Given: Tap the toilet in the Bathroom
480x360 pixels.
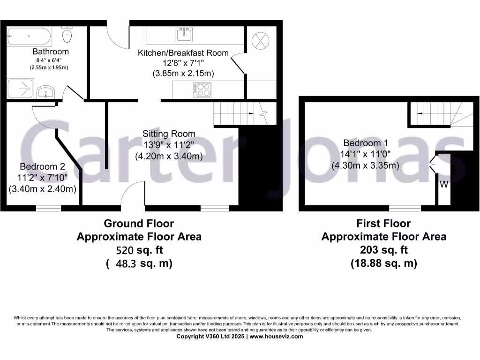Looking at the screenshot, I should coord(67,34).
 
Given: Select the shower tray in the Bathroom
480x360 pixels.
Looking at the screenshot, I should coord(20,89).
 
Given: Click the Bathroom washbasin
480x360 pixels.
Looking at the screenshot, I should coord(45,91).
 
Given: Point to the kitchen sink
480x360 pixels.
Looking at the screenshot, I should coord(185,34).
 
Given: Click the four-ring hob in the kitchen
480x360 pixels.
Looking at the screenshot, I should coord(203,89).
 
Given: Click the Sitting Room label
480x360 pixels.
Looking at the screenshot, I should coord(169,134).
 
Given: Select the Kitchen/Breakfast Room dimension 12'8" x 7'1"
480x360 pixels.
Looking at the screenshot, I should coord(183,63).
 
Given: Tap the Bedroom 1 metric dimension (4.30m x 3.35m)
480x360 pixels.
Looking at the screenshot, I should coord(365,165).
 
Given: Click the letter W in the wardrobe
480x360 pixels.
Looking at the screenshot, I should coord(444,185).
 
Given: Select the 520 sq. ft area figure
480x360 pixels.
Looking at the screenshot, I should coord(139,250).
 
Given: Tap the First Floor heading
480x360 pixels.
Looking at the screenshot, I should coord(383,224).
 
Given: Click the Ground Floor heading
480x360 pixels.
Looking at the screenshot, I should coord(139,224).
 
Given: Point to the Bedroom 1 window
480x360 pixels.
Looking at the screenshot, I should coord(405,208).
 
